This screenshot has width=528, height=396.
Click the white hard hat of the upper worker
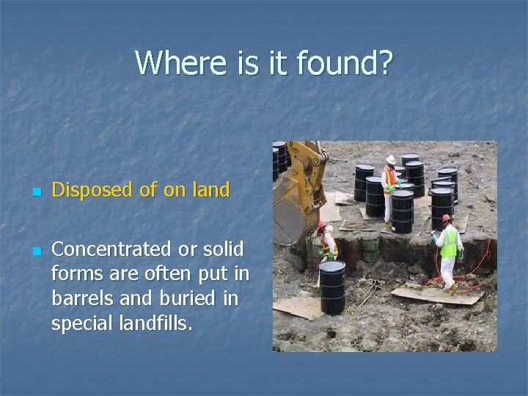391,158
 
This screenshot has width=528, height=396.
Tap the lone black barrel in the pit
332,287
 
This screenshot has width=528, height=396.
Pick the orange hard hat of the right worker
446,219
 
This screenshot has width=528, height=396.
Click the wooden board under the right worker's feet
437,295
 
